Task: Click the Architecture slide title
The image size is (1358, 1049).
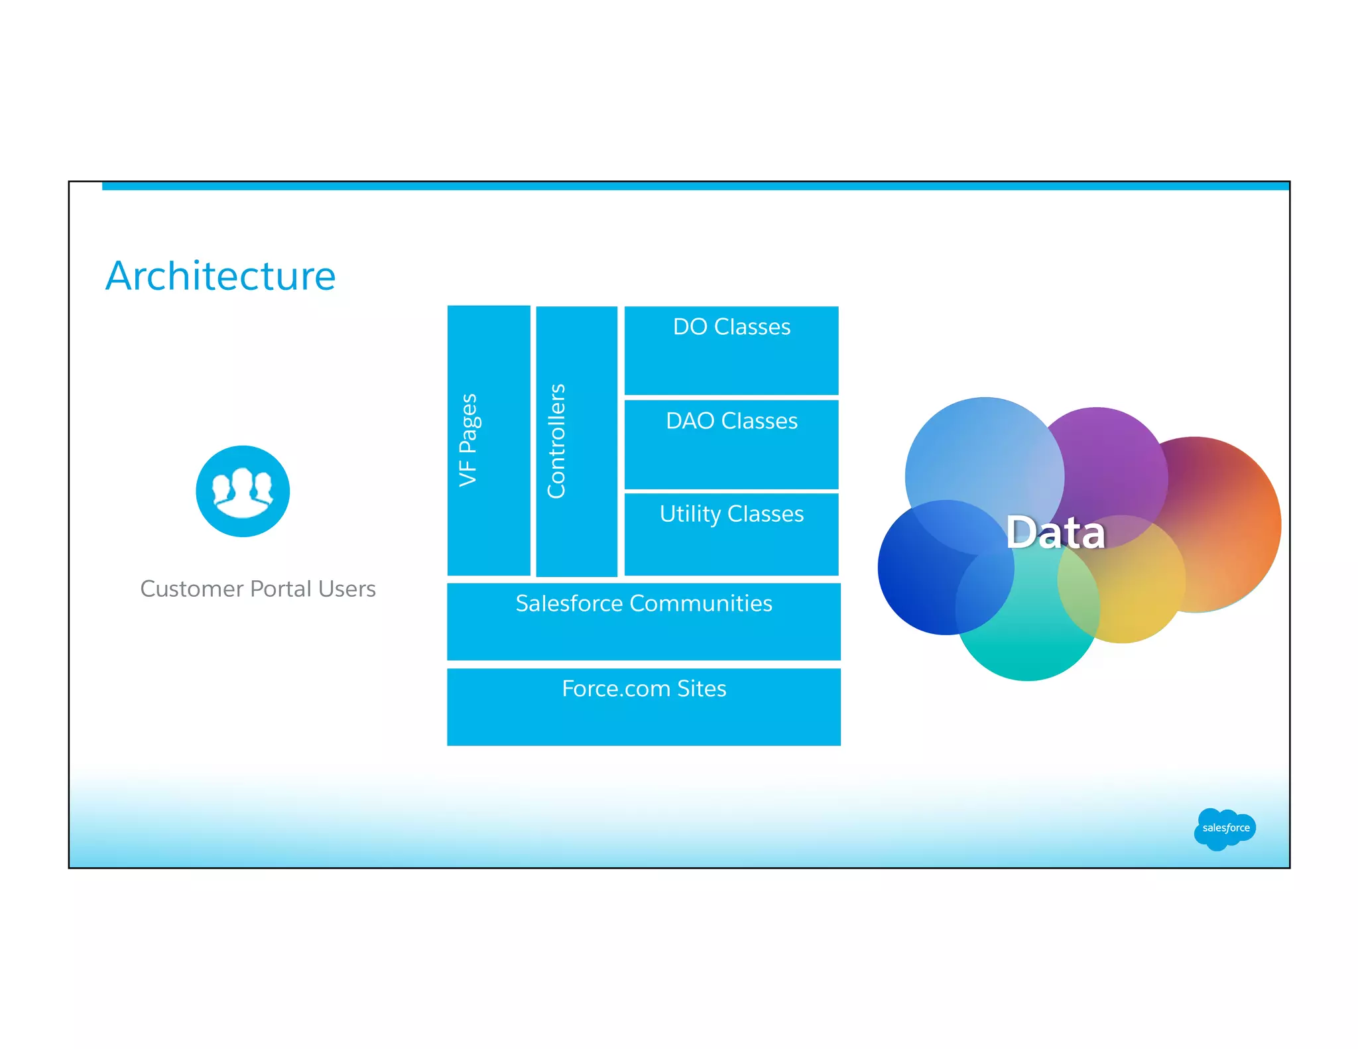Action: (220, 276)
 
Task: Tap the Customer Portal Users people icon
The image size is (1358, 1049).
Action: (243, 491)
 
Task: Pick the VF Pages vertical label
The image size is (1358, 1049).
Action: (468, 440)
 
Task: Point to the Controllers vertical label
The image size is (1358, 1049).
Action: (556, 441)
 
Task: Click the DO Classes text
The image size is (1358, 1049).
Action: (731, 327)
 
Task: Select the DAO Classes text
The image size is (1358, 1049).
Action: (731, 421)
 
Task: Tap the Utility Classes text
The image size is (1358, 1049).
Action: (731, 515)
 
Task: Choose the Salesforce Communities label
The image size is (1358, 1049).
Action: (643, 603)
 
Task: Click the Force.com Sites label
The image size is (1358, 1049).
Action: (643, 689)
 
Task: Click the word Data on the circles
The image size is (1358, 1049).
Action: (1056, 532)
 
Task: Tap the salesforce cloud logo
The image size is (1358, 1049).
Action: (1225, 828)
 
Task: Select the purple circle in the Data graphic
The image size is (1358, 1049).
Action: (1114, 451)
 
